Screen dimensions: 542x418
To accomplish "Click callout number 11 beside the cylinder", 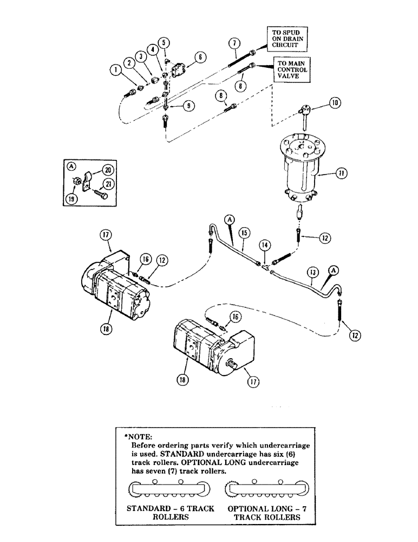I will tap(341, 173).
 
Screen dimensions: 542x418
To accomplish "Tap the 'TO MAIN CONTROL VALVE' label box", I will tap(291, 70).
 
